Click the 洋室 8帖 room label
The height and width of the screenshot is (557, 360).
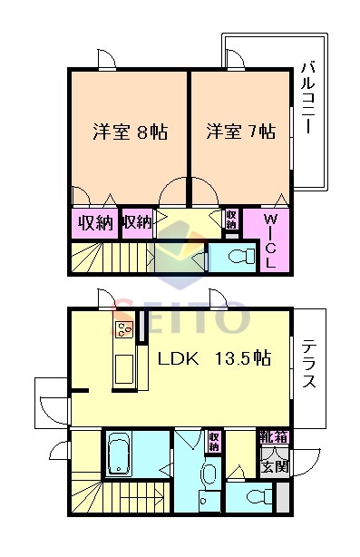click(x=130, y=132)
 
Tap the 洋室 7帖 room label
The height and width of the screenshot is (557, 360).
click(x=241, y=132)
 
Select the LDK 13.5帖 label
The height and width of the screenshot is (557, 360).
click(x=214, y=358)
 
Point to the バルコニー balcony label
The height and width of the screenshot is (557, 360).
click(x=308, y=98)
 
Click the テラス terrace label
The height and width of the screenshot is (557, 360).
click(x=309, y=364)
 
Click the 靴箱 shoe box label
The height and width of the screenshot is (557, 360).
click(x=274, y=436)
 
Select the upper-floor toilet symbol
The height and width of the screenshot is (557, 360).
click(x=242, y=256)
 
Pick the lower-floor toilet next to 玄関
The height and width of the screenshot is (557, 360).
click(x=259, y=496)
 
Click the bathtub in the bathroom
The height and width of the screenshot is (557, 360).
click(x=119, y=454)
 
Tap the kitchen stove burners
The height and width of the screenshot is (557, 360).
click(x=123, y=328)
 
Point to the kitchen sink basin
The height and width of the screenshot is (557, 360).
click(x=124, y=369)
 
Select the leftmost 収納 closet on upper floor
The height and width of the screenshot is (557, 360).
click(x=95, y=223)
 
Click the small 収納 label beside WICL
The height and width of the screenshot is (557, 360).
click(x=231, y=220)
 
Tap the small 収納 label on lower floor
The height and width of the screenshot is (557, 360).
click(x=214, y=442)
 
